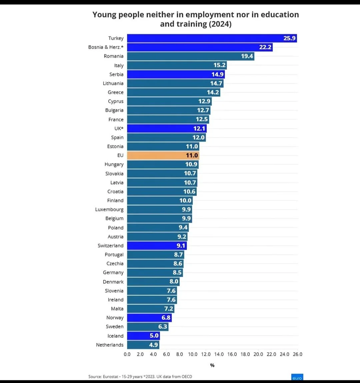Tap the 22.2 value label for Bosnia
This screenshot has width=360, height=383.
pos(265,47)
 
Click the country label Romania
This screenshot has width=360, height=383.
pos(113,56)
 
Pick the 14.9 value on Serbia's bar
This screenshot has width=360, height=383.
pos(217,75)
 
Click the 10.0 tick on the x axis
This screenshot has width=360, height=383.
pos(193,354)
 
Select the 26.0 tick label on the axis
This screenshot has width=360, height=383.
pos(297,354)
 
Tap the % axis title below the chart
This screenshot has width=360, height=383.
pos(212,365)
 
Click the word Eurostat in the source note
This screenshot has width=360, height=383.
pos(111,377)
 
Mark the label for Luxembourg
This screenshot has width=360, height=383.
pos(109,210)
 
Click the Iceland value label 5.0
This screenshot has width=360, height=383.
pos(154,336)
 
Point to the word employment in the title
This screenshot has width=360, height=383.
pos(210,15)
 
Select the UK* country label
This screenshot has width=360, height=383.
pos(119,129)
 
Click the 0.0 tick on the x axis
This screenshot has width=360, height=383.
pos(127,354)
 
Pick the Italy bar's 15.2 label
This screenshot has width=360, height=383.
pos(220,65)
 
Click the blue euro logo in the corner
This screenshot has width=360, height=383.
pos(297,377)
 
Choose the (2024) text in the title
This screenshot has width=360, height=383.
pos(220,24)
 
